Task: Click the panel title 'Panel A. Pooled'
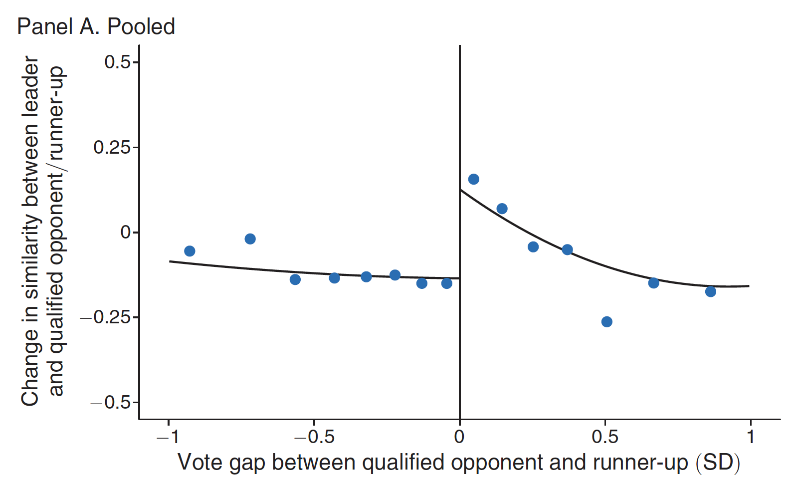[96, 26]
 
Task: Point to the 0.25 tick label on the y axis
[112, 148]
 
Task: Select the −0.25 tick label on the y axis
[106, 317]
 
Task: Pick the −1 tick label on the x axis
[168, 438]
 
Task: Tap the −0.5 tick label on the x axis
[314, 438]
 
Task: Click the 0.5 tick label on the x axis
[605, 438]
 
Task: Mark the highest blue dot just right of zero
[474, 179]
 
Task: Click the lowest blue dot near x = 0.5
[606, 322]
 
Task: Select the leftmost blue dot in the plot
[190, 251]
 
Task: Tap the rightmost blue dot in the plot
[711, 291]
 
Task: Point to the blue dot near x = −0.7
[250, 239]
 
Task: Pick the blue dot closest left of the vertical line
[447, 283]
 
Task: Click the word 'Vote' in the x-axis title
[200, 463]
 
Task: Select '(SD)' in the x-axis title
[718, 463]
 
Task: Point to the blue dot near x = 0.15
[502, 209]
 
